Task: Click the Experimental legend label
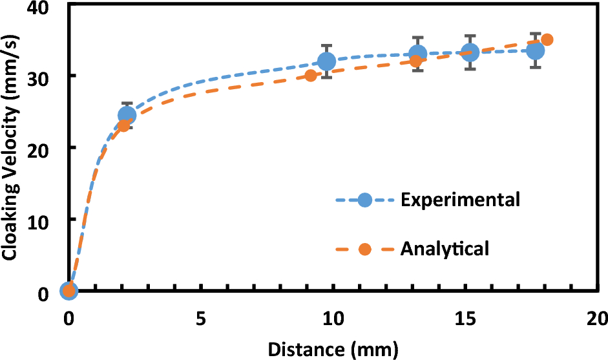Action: (460, 200)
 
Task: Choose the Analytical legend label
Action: (445, 248)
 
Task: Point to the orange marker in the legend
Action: (364, 249)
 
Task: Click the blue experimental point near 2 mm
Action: (127, 116)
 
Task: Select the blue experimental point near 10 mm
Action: (327, 61)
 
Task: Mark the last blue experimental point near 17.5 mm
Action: (535, 50)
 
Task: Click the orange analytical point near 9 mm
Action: (311, 76)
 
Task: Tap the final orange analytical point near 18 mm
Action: (547, 39)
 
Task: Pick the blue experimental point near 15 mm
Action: (470, 52)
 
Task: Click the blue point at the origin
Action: (68, 291)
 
